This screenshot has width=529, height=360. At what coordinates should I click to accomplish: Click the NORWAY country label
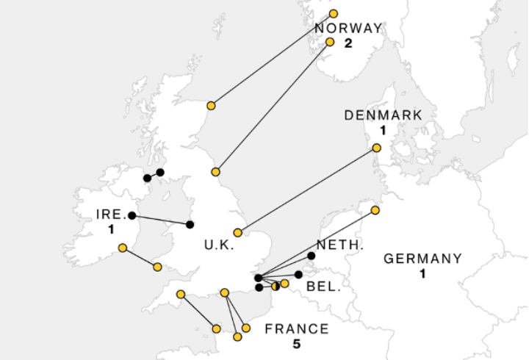coord(348,29)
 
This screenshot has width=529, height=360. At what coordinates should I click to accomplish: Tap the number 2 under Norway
coord(348,43)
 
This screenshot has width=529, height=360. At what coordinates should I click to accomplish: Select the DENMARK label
coord(384,115)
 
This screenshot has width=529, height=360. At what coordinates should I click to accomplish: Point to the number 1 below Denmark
coord(384,130)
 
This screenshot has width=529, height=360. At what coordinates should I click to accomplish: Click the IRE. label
coord(112,215)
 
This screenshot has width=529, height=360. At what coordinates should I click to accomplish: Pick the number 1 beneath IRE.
coord(112,229)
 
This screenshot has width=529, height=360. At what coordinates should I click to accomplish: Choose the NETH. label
coord(340,245)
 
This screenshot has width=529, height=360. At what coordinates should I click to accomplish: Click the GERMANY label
coord(423,259)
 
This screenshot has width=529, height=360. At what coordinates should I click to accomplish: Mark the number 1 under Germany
coord(423,273)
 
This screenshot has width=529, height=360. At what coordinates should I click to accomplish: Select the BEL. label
coord(324,286)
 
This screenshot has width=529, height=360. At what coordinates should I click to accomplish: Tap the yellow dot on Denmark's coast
coord(377,148)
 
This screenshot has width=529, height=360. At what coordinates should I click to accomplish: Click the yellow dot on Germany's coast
coord(375,210)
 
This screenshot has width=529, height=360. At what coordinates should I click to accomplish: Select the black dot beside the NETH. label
coord(312,256)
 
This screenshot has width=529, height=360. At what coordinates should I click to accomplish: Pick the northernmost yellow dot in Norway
coord(334,14)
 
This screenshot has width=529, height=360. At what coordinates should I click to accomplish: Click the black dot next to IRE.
coord(132,215)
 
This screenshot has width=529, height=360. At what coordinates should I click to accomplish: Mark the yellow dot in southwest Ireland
coord(123,248)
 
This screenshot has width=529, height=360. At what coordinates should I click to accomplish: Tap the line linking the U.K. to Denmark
coord(307,190)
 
